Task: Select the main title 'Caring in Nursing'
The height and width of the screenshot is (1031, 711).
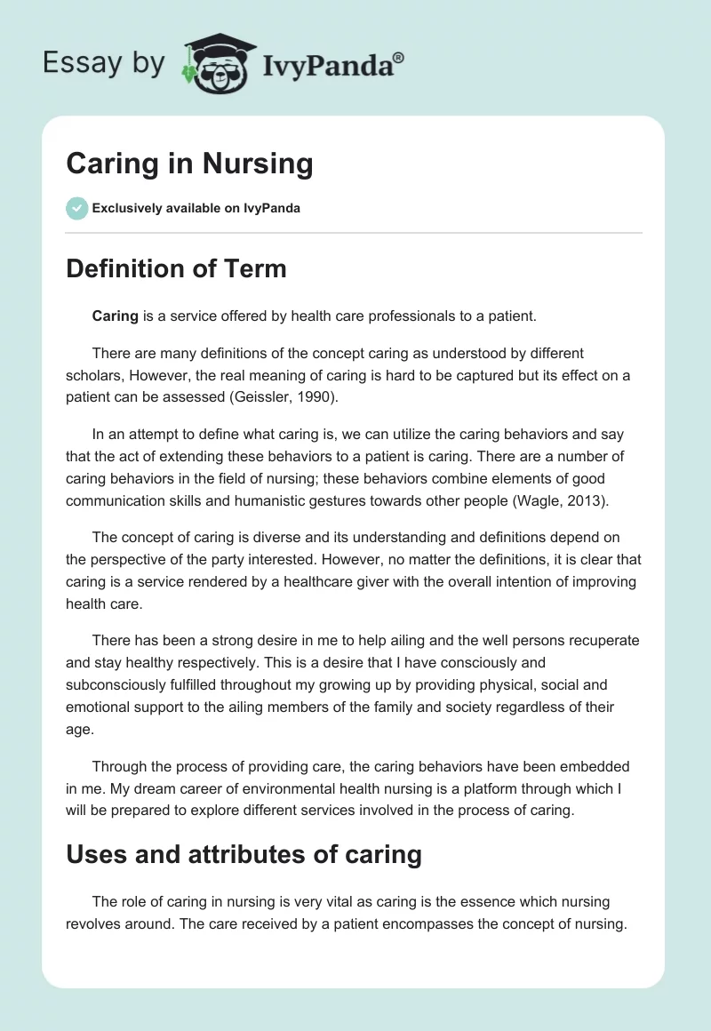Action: [x=189, y=164]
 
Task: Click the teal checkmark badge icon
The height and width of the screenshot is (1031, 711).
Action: [x=76, y=209]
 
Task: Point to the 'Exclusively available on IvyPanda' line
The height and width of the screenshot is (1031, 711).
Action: [x=196, y=209]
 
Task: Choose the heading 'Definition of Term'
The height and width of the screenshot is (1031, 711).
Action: [x=176, y=268]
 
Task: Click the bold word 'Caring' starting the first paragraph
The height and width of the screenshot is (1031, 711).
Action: [x=115, y=316]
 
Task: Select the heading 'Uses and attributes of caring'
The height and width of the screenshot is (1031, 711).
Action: [x=244, y=855]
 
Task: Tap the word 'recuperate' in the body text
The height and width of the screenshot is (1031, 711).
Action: [x=601, y=641]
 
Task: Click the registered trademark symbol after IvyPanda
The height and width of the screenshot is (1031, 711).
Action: [x=399, y=56]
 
